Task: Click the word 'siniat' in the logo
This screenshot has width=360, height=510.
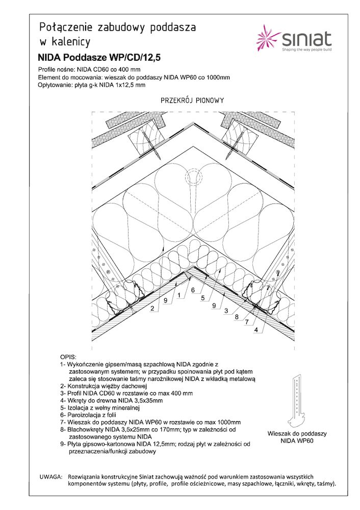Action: pyautogui.click(x=306, y=39)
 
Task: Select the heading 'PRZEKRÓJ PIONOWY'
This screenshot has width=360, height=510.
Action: pyautogui.click(x=192, y=100)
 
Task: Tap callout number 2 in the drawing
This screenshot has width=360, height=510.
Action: pyautogui.click(x=152, y=308)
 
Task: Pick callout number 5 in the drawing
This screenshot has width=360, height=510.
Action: pyautogui.click(x=202, y=298)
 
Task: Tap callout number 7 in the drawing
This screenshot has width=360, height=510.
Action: pyautogui.click(x=246, y=322)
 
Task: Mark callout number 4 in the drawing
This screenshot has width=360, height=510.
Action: pyautogui.click(x=255, y=329)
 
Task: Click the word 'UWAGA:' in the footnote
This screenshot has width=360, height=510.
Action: pyautogui.click(x=50, y=476)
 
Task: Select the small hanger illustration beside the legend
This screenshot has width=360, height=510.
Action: pyautogui.click(x=297, y=402)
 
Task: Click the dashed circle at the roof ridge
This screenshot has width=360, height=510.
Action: pyautogui.click(x=194, y=175)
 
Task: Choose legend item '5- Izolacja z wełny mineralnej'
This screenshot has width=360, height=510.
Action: pyautogui.click(x=99, y=407)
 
